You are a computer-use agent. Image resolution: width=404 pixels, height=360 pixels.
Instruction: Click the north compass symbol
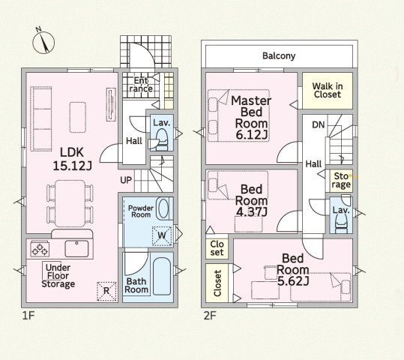tap(43, 41)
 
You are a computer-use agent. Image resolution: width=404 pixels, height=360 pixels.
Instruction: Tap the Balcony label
tap(279, 55)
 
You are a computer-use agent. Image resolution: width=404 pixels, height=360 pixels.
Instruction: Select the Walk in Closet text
tap(328, 90)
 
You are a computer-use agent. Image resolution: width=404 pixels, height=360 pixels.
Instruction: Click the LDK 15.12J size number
tap(72, 166)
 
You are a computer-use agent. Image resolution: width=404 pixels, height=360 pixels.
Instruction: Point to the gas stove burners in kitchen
tap(40, 249)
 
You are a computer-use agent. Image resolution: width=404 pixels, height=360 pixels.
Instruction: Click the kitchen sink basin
tap(76, 248)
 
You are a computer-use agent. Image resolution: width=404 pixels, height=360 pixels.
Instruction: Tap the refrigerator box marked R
tap(106, 292)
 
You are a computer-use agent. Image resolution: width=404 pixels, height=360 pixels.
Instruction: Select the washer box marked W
tap(162, 235)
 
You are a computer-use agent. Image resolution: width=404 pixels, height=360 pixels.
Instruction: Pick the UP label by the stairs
tap(126, 180)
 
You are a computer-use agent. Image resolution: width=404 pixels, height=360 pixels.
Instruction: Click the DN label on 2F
tap(319, 124)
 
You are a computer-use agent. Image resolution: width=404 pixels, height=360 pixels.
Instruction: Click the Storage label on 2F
tap(341, 180)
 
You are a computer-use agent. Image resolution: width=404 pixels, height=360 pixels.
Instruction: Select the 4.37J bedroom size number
tap(252, 211)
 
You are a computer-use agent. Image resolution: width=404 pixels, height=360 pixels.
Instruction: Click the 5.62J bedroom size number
tap(293, 281)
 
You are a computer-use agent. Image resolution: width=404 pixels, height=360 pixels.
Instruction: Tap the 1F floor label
tap(28, 316)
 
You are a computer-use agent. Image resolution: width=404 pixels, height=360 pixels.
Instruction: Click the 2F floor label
tap(210, 316)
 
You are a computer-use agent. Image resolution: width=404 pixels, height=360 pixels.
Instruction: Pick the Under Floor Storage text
tap(58, 276)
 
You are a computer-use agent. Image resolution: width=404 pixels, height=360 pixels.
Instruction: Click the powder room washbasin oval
tap(163, 208)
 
